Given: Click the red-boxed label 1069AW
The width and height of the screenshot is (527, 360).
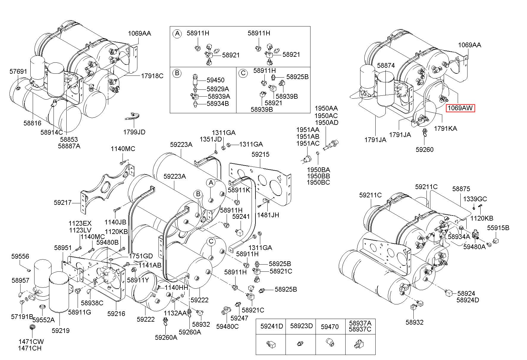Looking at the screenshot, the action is [460, 108].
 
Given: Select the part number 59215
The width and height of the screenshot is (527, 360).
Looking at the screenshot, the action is [260, 155].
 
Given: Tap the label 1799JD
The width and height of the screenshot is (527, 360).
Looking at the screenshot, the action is [134, 132].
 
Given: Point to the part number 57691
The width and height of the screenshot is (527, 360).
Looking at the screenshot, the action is [18, 71].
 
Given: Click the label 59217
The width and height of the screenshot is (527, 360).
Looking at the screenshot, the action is [63, 202].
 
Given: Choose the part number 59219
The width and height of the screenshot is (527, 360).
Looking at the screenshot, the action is [60, 330].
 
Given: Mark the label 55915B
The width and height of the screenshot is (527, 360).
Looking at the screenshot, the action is [498, 228].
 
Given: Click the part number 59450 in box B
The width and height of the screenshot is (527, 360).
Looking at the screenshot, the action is [216, 80].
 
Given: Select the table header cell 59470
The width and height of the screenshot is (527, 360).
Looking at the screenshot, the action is [330, 327].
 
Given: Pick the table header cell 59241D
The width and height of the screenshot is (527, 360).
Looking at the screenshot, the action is [272, 326].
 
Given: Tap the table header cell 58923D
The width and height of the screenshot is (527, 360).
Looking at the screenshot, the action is [301, 326].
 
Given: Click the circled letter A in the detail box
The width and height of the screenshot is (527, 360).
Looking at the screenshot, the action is [177, 34].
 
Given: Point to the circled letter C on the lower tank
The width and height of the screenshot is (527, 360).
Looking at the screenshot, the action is [211, 242].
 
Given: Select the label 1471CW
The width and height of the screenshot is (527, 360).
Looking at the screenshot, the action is [31, 342].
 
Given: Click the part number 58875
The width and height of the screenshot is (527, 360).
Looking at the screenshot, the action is [461, 189].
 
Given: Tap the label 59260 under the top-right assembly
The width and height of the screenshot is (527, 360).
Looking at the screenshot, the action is [424, 150].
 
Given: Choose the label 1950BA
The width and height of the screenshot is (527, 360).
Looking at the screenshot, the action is [318, 170].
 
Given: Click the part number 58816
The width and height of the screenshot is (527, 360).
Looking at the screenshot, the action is [32, 123].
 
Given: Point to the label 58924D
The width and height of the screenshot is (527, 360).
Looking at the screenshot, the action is [468, 300].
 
